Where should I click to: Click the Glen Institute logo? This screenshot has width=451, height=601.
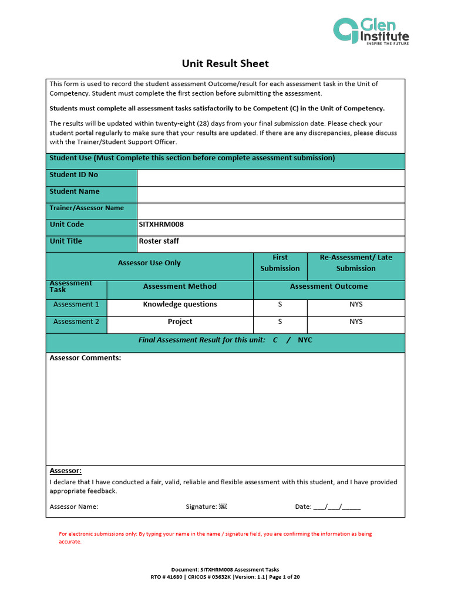click(x=371, y=31)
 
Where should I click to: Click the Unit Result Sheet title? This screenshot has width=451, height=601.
click(x=225, y=63)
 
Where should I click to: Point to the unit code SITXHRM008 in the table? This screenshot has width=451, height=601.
click(x=157, y=225)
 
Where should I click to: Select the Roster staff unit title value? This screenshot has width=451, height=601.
click(x=159, y=241)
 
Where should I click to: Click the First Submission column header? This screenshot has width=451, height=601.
click(x=280, y=263)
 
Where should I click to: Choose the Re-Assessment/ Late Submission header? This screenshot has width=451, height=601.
click(x=355, y=263)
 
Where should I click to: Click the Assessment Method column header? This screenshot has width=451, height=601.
click(x=180, y=287)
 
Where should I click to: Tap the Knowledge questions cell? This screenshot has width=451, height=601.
click(x=180, y=305)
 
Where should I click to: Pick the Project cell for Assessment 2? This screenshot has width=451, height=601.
click(x=180, y=322)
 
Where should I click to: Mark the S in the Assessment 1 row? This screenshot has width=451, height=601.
click(x=280, y=305)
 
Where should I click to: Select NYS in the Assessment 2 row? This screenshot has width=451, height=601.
click(x=355, y=322)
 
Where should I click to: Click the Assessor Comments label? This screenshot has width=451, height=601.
click(x=85, y=358)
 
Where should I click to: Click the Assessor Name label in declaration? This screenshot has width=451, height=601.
click(x=74, y=507)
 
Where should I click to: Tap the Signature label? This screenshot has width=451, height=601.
click(x=201, y=507)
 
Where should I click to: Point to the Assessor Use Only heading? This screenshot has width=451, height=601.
click(x=149, y=264)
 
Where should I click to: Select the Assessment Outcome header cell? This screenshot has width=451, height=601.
click(x=329, y=287)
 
